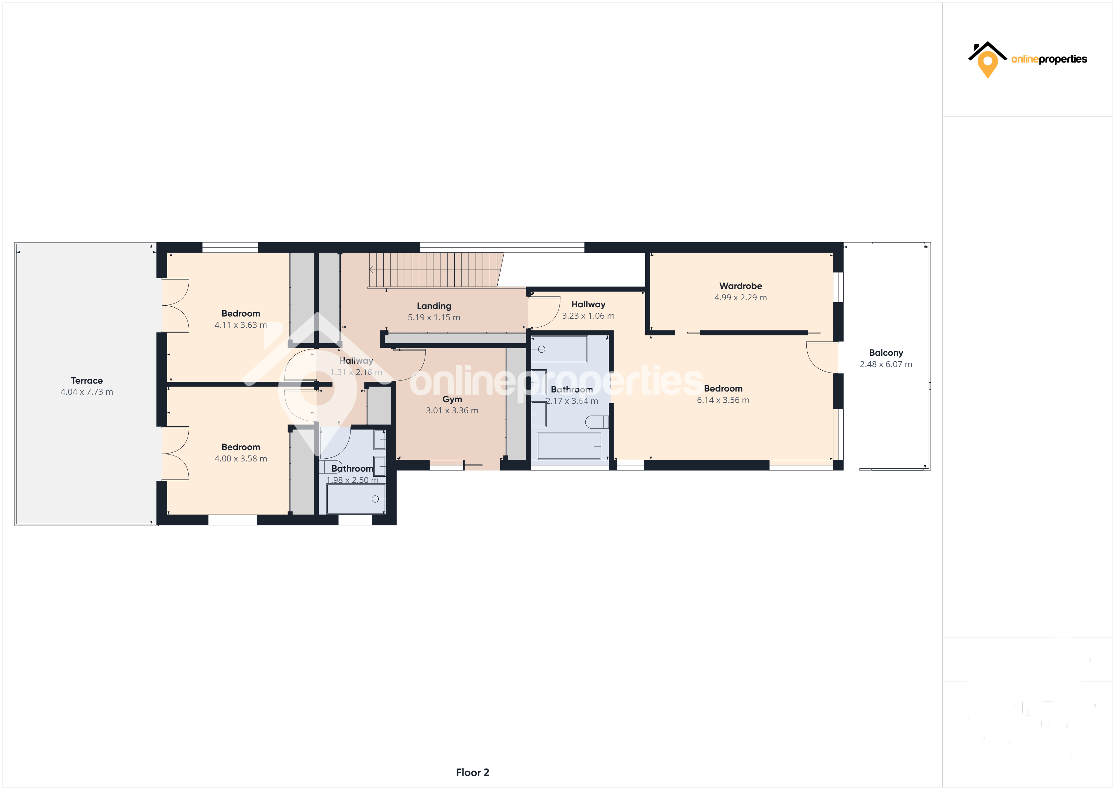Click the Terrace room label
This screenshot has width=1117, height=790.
tap(87, 380)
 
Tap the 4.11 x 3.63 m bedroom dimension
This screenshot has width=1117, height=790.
tap(240, 325)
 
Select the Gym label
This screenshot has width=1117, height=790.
tap(452, 399)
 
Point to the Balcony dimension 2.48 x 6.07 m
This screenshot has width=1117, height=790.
tap(886, 364)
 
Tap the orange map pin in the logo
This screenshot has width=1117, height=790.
tap(988, 64)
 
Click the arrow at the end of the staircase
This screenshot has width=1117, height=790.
tap(372, 269)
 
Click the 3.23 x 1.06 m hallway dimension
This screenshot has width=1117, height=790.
tap(588, 316)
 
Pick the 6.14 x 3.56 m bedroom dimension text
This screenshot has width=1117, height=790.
tap(723, 400)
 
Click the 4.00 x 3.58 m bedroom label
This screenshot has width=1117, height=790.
tap(240, 447)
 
